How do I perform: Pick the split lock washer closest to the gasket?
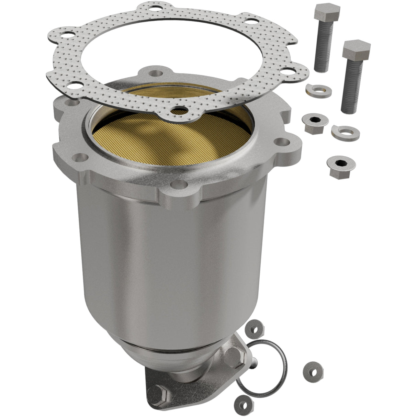tap(316, 90)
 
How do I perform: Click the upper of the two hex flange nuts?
tap(313, 121)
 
